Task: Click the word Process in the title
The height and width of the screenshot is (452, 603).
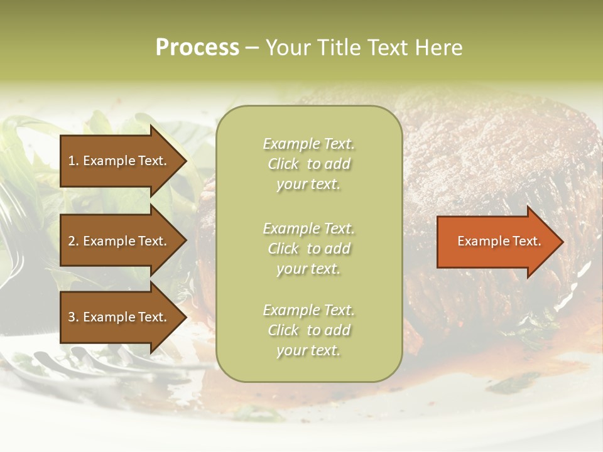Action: click(197, 48)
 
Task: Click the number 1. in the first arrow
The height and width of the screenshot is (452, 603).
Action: click(73, 161)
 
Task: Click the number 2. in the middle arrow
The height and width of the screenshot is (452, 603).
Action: click(73, 241)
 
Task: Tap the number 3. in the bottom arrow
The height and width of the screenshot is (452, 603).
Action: click(73, 317)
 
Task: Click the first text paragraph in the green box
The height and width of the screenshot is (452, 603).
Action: click(308, 164)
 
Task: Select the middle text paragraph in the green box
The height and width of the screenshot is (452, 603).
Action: click(308, 249)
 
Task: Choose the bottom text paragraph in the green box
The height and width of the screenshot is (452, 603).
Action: click(308, 330)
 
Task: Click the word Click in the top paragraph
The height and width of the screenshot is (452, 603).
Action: click(283, 164)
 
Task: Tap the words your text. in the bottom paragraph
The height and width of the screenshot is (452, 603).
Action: click(308, 350)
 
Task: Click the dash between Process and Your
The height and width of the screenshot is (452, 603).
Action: click(252, 48)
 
